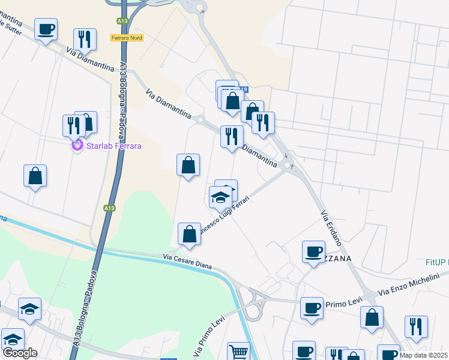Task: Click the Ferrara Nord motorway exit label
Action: [x=124, y=38]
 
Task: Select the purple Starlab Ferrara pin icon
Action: [x=77, y=145]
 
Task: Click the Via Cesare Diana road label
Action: [x=188, y=262]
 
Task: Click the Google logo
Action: [x=20, y=353]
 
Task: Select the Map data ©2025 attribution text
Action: [x=424, y=355]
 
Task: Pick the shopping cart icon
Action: [x=238, y=352]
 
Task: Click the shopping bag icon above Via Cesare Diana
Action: [x=189, y=235]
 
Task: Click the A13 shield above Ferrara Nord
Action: [x=122, y=21]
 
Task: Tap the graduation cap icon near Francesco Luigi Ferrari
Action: [x=220, y=196]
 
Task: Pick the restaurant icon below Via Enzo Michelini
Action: [x=416, y=326]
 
